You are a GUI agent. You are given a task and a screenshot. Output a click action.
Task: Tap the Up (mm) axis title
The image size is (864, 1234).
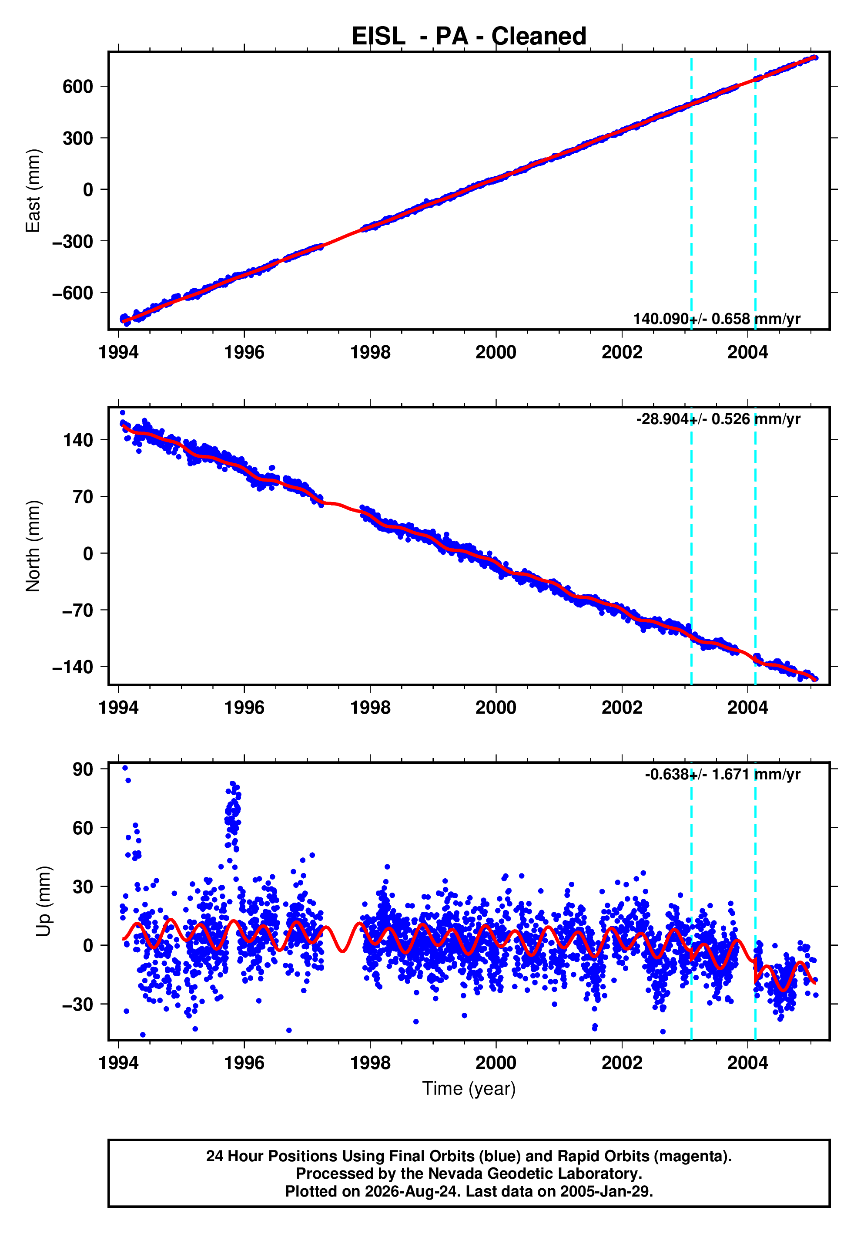(x=44, y=901)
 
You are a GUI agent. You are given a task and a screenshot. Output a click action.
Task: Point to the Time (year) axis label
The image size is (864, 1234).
(x=469, y=1088)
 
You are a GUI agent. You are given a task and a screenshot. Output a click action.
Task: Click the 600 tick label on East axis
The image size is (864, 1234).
(x=77, y=87)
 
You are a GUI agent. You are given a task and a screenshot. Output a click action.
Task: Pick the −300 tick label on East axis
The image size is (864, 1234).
(x=73, y=241)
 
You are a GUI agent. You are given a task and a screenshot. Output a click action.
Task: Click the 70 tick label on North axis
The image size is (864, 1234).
(x=83, y=497)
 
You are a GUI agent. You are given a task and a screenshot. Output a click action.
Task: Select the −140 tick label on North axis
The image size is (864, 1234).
(x=73, y=667)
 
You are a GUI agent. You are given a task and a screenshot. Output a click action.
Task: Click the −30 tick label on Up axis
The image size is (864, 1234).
(x=77, y=1004)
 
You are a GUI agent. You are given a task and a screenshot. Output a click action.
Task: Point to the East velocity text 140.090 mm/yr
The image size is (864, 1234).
(x=717, y=319)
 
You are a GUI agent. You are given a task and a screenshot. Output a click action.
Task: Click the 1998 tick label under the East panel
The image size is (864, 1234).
(x=370, y=353)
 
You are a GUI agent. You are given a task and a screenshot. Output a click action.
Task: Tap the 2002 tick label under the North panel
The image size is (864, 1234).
(x=622, y=708)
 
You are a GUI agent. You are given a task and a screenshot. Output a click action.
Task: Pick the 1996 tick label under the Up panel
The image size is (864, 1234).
(x=244, y=1063)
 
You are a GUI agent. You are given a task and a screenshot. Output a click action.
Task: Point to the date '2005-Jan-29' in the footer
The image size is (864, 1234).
(x=605, y=1191)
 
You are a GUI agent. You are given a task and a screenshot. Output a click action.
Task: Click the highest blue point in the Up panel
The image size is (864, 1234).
(x=125, y=768)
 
